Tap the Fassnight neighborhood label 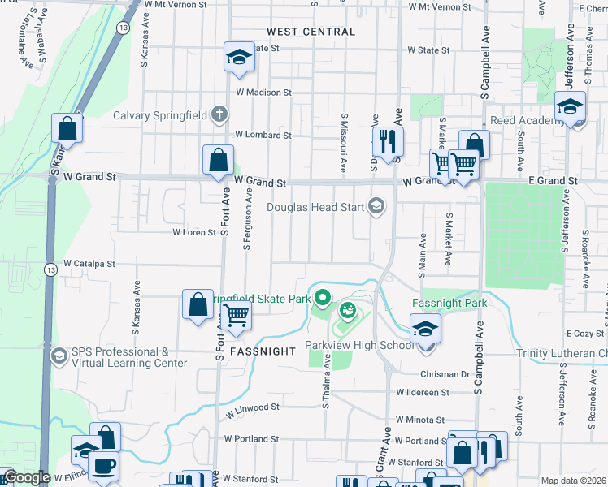pyautogui.click(x=262, y=351)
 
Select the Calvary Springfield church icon pyautogui.click(x=219, y=115)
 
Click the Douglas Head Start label pyautogui.click(x=315, y=207)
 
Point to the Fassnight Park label pyautogui.click(x=449, y=303)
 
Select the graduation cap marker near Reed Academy pyautogui.click(x=570, y=106)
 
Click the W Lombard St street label pyautogui.click(x=263, y=135)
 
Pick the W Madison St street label pyautogui.click(x=263, y=93)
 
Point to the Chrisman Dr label pyautogui.click(x=445, y=374)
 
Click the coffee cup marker pyautogui.click(x=103, y=466)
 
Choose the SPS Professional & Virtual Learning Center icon pyautogui.click(x=58, y=356)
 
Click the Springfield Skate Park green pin pyautogui.click(x=322, y=298)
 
